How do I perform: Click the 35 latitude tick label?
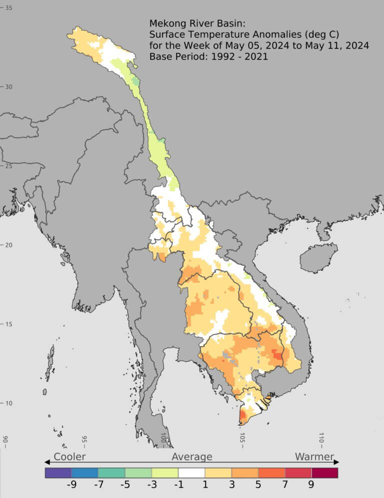click(8, 7)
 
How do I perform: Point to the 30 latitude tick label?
click(8, 86)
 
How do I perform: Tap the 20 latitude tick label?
click(8, 244)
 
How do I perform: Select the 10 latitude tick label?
click(8, 403)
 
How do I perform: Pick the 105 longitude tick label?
click(242, 437)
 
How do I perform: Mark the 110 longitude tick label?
click(321, 437)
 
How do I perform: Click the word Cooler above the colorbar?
click(69, 456)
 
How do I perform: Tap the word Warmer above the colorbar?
click(314, 456)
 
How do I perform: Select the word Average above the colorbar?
click(192, 456)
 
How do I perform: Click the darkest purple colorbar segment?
click(58, 472)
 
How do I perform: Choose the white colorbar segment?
click(191, 472)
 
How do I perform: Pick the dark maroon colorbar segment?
click(324, 472)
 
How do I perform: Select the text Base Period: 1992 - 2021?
click(208, 56)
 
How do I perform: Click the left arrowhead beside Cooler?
click(46, 461)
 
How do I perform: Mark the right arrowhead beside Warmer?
click(336, 461)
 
